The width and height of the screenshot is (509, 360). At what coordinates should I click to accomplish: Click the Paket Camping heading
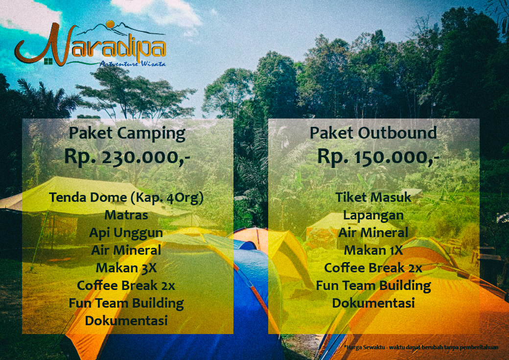[x=127, y=133]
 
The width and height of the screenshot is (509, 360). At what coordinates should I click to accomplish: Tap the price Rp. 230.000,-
[x=127, y=156]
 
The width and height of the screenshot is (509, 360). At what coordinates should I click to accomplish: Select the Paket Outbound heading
[x=373, y=133]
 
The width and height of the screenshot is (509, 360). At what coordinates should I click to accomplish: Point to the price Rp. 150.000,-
[x=378, y=156]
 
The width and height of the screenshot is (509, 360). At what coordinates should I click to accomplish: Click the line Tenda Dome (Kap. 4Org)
[x=126, y=198]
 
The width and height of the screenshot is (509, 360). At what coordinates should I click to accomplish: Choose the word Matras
[x=126, y=215]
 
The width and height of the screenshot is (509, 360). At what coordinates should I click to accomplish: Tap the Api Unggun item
[x=126, y=233]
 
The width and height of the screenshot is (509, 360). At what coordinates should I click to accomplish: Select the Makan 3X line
[x=126, y=268]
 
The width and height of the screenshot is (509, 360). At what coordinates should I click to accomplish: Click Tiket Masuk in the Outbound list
[x=373, y=197]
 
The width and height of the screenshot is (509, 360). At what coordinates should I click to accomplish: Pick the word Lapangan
[x=373, y=215]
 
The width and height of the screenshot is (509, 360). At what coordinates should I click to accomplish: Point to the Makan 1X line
[x=373, y=250]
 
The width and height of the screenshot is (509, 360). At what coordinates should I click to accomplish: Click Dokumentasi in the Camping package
[x=126, y=321]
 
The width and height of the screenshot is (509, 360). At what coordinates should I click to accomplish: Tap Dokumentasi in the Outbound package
[x=373, y=303]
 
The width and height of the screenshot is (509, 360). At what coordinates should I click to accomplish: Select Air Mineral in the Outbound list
[x=373, y=233]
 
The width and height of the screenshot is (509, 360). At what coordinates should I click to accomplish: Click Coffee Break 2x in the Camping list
[x=126, y=286]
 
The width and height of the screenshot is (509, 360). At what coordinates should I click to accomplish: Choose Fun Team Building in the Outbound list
[x=373, y=286]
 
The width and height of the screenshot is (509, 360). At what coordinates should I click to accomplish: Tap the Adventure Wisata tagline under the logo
[x=132, y=64]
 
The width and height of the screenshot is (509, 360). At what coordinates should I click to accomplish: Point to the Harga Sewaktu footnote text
[x=421, y=347]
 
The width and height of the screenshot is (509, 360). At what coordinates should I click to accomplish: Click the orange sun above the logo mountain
[x=111, y=24]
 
